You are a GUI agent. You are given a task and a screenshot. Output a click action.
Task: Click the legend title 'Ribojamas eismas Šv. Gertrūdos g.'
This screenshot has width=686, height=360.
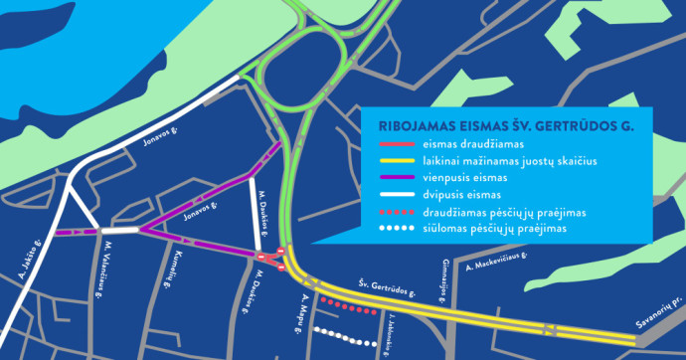click(507, 126)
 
